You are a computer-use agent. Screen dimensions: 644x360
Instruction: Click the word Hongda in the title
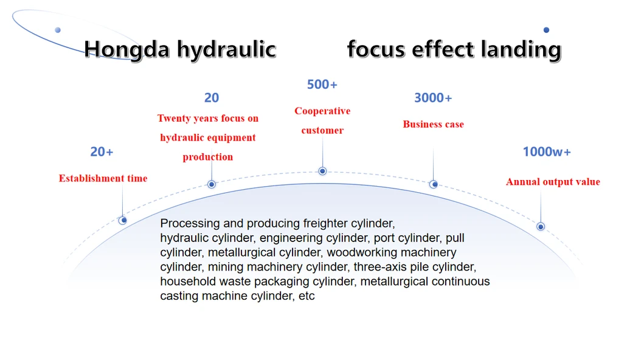coord(126,50)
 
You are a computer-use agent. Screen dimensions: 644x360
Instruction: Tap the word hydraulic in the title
coord(226,49)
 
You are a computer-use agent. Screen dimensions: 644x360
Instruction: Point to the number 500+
coord(322,85)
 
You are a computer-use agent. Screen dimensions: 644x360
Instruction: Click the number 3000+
coord(433,98)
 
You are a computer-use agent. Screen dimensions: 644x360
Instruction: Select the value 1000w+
coord(547,152)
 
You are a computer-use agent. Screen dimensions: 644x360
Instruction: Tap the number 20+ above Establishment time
coord(102,152)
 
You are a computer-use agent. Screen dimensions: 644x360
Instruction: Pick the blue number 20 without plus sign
coord(212,98)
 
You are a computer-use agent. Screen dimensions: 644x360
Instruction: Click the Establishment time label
coord(103,178)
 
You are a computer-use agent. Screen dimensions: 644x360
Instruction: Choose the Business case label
coord(434,125)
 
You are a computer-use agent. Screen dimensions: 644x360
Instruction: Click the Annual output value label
coord(553,182)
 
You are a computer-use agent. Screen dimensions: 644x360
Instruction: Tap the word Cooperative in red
coord(322,111)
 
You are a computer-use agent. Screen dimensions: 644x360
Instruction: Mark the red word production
coord(208,157)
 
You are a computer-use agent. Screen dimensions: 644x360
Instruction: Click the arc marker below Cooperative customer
coord(322,171)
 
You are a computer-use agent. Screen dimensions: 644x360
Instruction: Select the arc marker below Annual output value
coord(541,227)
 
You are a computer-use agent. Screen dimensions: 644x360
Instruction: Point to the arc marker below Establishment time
coord(122,220)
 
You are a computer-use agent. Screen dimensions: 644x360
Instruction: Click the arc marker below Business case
coord(434,184)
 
